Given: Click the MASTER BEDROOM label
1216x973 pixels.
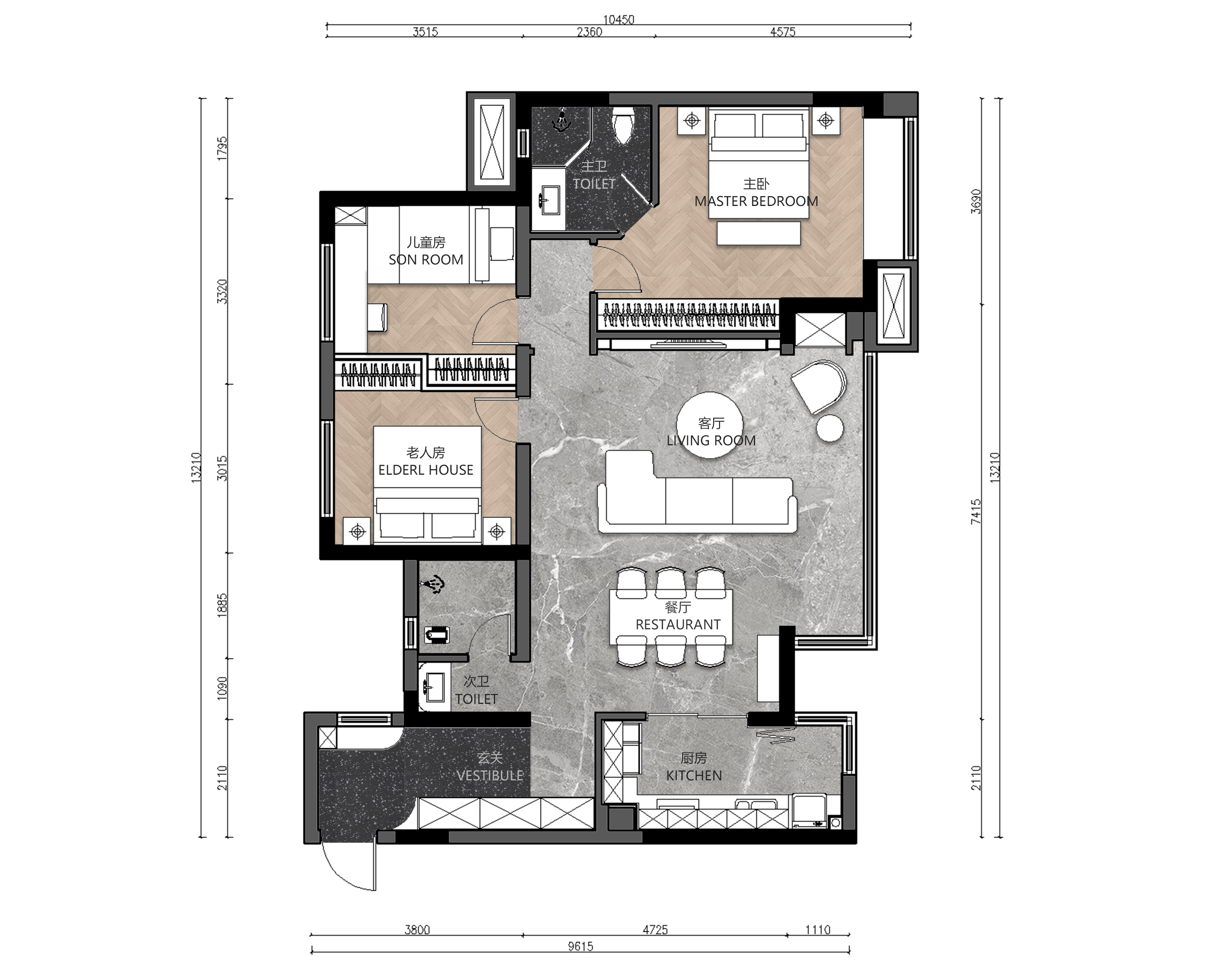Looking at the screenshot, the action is tap(756, 201).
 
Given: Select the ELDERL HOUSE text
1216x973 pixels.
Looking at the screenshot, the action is tap(426, 470).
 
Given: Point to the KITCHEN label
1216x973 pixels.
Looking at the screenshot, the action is tap(694, 776).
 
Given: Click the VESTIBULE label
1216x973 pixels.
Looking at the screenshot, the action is tap(490, 776).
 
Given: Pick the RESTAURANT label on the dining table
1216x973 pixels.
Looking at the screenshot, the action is tap(678, 625).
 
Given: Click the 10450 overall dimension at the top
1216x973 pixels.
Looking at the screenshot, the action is tap(619, 20).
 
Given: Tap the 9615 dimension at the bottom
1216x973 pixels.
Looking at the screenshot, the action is tap(581, 946).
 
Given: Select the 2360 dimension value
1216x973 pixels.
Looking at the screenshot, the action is tap(590, 32).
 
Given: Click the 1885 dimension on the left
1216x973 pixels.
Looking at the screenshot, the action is tap(222, 605).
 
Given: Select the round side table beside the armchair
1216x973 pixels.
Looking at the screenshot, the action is tap(830, 428).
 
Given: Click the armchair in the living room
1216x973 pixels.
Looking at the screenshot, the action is tap(818, 386).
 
